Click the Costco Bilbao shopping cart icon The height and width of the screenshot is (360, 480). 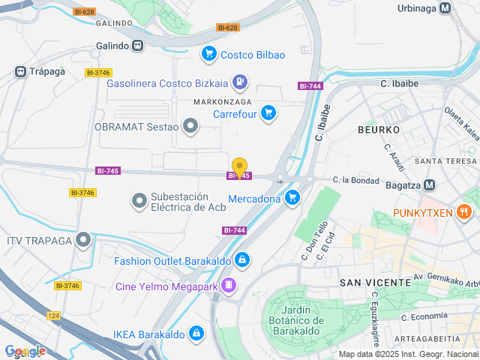tap(209, 54)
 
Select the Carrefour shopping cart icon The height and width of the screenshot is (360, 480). tap(268, 114)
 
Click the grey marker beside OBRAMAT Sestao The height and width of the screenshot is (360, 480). tap(191, 126)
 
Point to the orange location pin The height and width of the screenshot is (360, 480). tap(239, 167)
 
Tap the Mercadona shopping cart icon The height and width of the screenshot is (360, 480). tap(292, 198)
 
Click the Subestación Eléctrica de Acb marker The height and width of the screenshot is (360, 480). tap(139, 200)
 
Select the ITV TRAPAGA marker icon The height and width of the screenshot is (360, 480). tap(83, 240)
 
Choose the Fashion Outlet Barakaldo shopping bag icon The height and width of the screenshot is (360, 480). tap(241, 260)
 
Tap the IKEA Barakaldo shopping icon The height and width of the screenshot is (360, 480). tap(196, 331)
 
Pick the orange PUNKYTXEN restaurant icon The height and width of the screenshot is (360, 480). tap(466, 212)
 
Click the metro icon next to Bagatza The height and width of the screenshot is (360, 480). tap(430, 184)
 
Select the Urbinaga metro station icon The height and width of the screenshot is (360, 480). tap(445, 8)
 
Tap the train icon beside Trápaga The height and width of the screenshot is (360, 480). tap(21, 72)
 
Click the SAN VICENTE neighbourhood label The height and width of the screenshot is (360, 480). tap(375, 282)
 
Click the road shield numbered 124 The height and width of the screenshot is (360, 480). tap(53, 316)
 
